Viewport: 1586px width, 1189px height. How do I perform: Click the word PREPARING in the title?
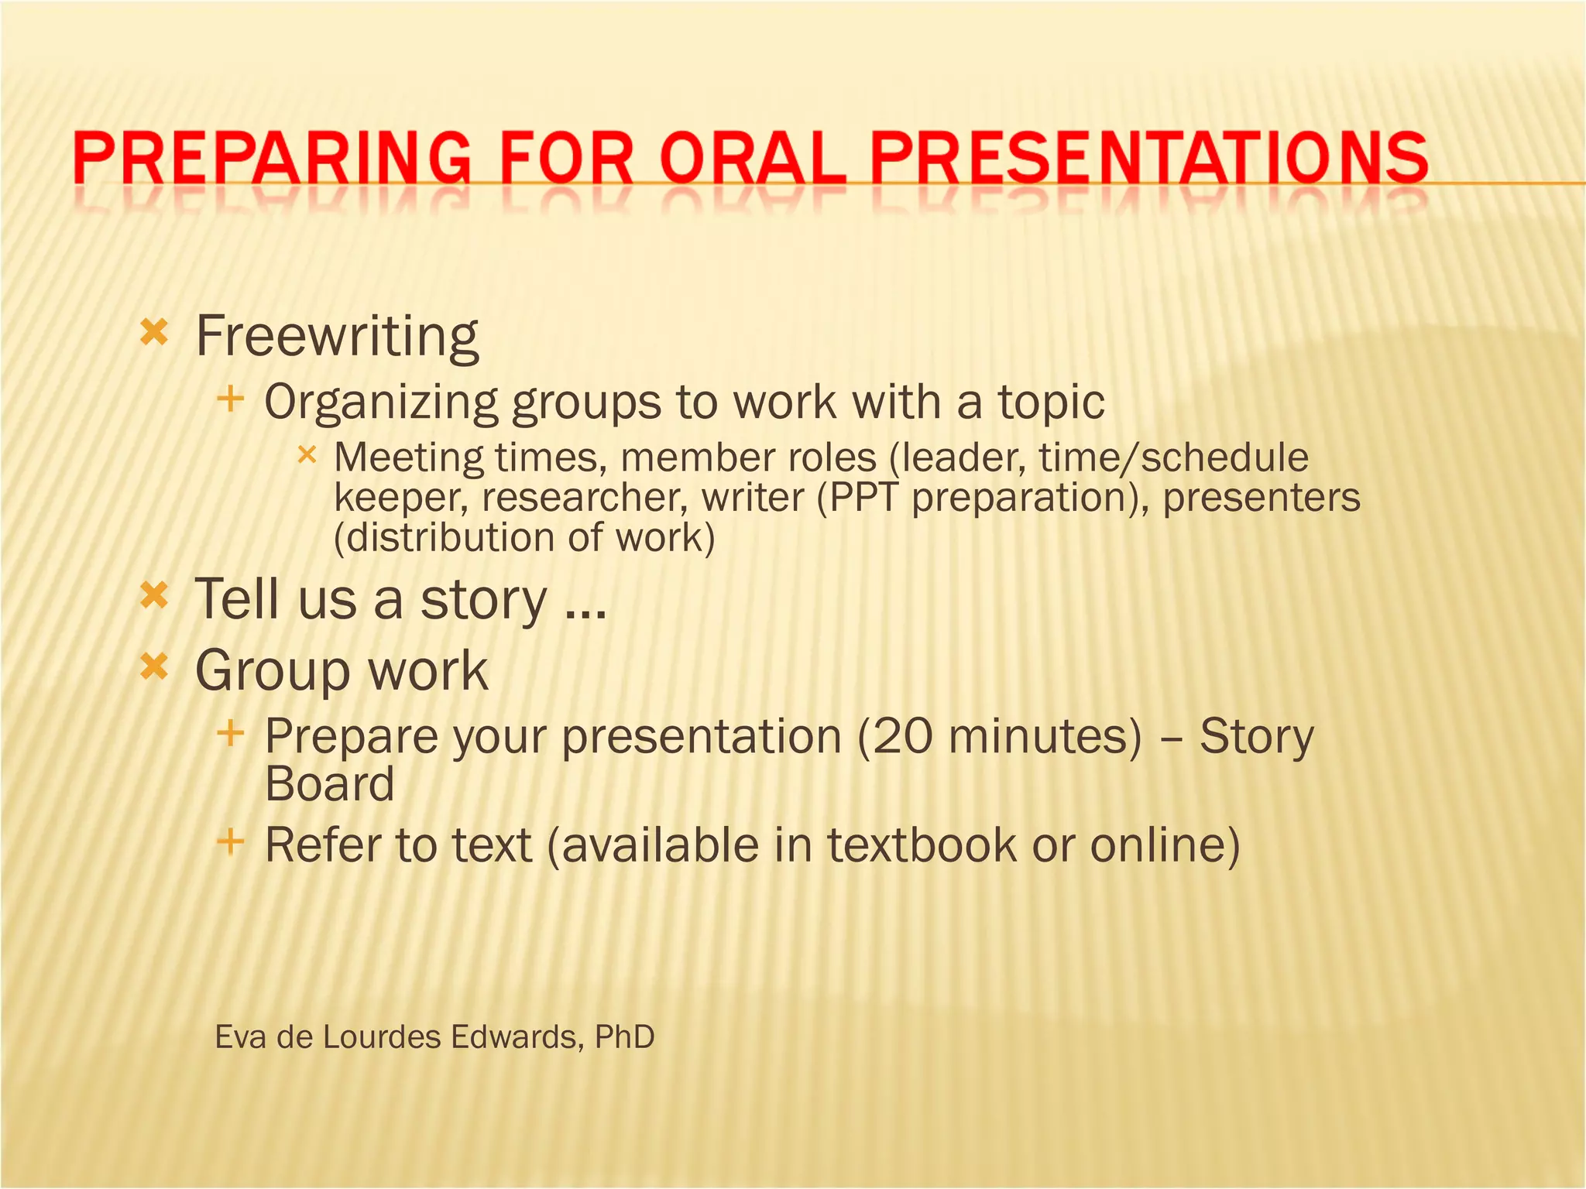pos(271,158)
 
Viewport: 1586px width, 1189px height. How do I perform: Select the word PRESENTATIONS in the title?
pos(1148,158)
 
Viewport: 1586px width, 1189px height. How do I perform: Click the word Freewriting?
pos(337,337)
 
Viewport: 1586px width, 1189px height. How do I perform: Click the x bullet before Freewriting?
pos(154,334)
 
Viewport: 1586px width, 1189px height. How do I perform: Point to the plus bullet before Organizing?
pos(231,400)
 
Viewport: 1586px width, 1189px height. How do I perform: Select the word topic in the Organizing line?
pos(1051,403)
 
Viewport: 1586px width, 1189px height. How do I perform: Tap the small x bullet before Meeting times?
pos(307,455)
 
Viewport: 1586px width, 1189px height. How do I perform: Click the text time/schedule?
pos(1173,457)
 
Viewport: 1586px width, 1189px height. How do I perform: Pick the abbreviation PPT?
pos(863,498)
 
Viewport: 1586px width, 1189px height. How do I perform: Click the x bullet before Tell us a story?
pos(154,596)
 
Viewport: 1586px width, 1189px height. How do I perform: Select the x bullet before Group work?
pos(154,666)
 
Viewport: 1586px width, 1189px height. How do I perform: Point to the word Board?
pos(330,784)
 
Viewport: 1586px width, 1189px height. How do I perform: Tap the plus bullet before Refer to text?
pos(231,841)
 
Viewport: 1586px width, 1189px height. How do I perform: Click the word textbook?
pos(922,845)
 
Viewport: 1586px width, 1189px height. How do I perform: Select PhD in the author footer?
pos(624,1037)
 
